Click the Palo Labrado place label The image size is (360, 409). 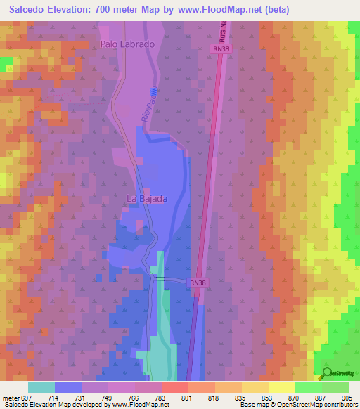tap(127, 44)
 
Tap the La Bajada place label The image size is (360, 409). tap(146, 199)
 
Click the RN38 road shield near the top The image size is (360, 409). tap(221, 49)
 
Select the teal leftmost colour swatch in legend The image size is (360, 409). tap(41, 387)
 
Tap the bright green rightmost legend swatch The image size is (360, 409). tap(335, 387)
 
